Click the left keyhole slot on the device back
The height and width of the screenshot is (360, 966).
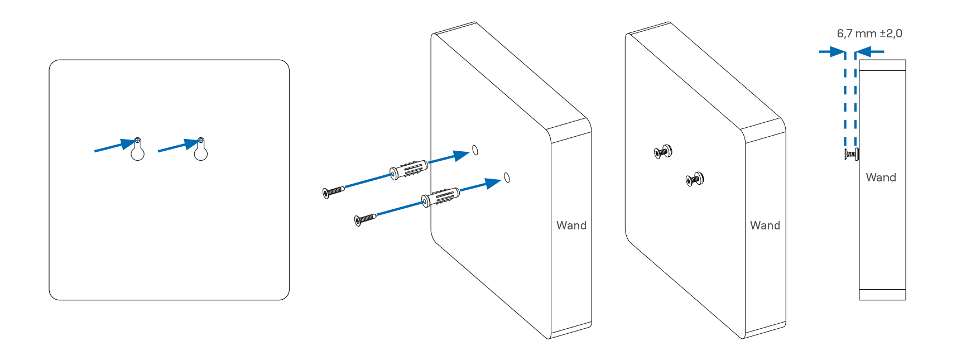[137, 150]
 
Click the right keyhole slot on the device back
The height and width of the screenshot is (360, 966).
[201, 150]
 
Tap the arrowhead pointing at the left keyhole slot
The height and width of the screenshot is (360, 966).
[128, 143]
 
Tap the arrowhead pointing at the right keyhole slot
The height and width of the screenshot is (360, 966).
[191, 143]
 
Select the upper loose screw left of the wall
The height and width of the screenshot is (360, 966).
[333, 192]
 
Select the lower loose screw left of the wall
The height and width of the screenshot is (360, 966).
[365, 219]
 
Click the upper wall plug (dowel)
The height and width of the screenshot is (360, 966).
[409, 169]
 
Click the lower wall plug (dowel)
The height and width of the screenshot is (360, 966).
[441, 196]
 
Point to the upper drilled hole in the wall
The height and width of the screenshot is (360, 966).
[475, 150]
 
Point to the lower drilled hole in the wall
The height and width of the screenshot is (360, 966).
[507, 177]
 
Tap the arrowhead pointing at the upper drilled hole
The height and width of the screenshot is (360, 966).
[462, 155]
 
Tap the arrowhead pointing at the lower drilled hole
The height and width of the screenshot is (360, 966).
[493, 183]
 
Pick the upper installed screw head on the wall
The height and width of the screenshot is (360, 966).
[663, 151]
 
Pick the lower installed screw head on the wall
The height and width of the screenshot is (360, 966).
[695, 179]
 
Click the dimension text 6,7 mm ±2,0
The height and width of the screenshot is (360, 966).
[869, 33]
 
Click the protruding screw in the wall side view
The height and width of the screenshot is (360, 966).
[852, 154]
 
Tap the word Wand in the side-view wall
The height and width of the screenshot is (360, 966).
[881, 177]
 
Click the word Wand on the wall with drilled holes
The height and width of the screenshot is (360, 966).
[571, 225]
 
